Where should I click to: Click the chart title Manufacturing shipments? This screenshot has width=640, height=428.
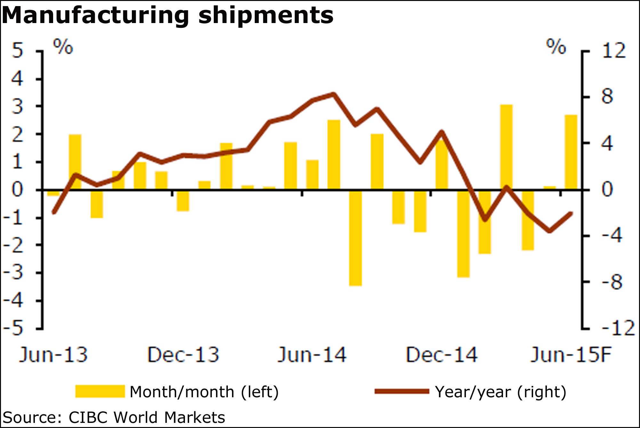167,15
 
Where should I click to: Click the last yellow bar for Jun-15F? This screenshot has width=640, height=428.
571,152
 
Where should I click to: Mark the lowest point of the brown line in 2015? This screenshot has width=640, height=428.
550,231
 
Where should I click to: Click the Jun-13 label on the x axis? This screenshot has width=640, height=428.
53,355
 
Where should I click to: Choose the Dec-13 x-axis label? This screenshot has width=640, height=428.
183,355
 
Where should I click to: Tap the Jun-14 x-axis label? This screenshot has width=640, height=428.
312,355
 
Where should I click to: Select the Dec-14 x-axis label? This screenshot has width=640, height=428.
442,355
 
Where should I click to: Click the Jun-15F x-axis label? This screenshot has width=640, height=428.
571,355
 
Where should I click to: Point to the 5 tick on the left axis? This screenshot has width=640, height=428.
17,51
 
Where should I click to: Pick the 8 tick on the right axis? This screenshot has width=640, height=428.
607,97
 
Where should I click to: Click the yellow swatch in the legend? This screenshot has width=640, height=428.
100,391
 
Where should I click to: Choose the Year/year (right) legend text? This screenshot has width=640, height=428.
500,392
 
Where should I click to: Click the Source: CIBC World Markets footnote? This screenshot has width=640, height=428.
114,417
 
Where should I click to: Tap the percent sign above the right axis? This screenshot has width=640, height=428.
556,47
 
